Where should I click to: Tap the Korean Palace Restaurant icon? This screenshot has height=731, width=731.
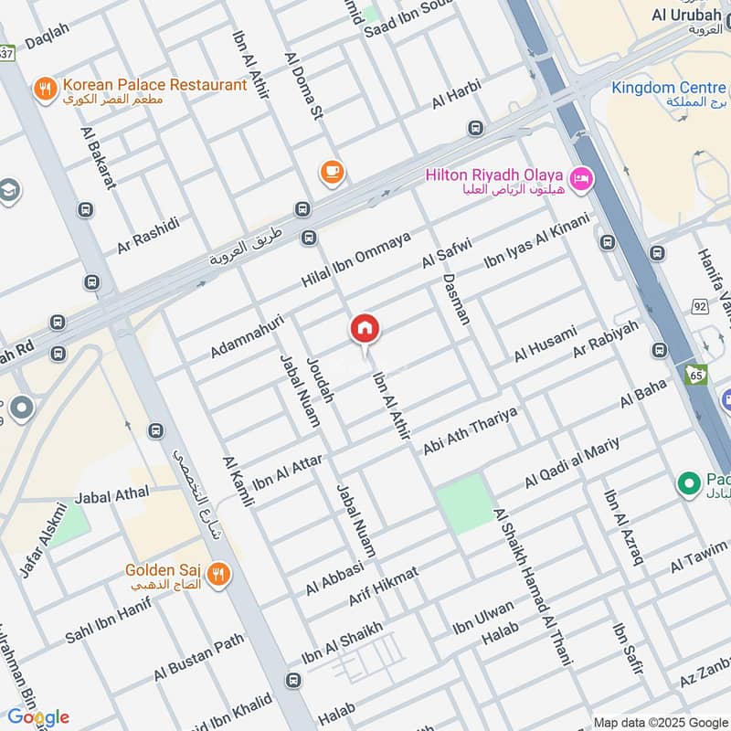(44, 88)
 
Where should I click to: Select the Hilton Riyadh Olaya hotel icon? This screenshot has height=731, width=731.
(579, 179)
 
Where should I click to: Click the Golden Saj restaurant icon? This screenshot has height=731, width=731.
(217, 574)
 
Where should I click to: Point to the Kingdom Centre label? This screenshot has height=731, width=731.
(669, 89)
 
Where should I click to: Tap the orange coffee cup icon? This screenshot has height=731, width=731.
(331, 171)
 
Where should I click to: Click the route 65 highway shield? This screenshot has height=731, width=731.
(696, 375)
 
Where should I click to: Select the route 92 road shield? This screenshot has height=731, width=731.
(700, 307)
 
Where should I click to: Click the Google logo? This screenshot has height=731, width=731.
(38, 715)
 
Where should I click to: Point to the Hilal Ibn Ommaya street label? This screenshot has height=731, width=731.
(357, 259)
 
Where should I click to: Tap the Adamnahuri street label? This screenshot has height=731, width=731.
(247, 336)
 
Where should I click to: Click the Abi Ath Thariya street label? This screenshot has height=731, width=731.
(470, 430)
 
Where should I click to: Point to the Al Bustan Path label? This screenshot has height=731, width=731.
(199, 660)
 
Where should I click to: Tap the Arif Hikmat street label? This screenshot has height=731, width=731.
(383, 587)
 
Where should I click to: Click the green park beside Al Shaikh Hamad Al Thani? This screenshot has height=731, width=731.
(464, 503)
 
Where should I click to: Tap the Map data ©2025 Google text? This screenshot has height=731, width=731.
(660, 721)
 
